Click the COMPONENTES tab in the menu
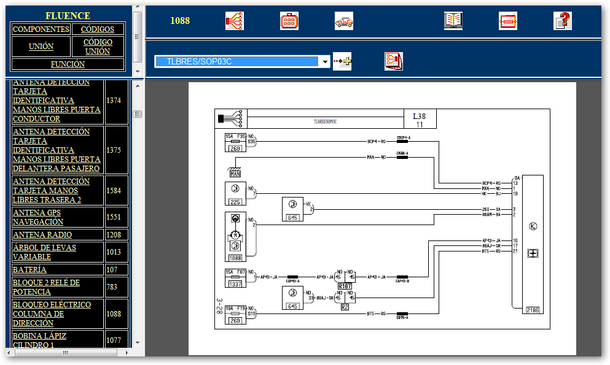tap(41, 29)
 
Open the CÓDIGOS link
tap(98, 29)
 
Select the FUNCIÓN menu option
tap(68, 64)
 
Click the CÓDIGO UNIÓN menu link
tap(98, 47)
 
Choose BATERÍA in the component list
tap(29, 269)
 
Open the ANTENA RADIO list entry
tap(42, 234)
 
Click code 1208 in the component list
tap(114, 234)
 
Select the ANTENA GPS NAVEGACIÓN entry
tap(38, 217)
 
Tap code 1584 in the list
tap(114, 190)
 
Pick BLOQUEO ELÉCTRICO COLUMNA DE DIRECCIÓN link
tap(52, 313)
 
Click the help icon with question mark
tap(563, 21)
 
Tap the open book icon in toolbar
tap(453, 21)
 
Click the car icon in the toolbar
tap(344, 21)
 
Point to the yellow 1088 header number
tap(180, 21)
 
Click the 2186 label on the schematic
tap(533, 310)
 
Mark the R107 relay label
tap(345, 285)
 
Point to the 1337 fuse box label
tap(235, 284)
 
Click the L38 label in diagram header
tap(419, 116)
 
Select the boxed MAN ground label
tap(235, 174)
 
